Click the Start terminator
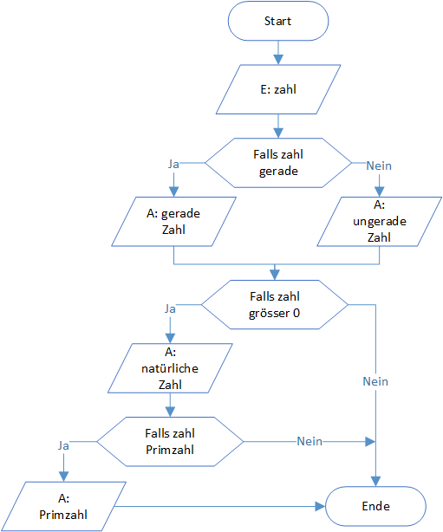pos(278,21)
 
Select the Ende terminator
pos(375,506)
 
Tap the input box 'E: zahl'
pos(278,89)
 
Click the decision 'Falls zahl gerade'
pos(278,163)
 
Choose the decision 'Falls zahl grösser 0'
pos(275,305)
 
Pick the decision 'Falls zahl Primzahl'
pos(170,441)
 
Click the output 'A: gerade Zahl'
pos(173,222)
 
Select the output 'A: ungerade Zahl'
pos(379,222)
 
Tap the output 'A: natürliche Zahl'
pos(170,368)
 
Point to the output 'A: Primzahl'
pos(63,506)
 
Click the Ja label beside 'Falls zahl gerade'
pos(173,165)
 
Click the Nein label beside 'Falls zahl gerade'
pos(379,165)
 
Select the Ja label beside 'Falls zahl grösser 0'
pos(170,308)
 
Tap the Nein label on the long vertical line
pos(375,381)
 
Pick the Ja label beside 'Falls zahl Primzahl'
pos(63,445)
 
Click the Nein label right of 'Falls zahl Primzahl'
pos(309,441)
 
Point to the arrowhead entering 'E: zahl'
pos(278,60)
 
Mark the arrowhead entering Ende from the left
pos(320,506)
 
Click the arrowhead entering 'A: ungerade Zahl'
pos(379,191)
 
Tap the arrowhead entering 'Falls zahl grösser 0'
pos(275,276)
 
